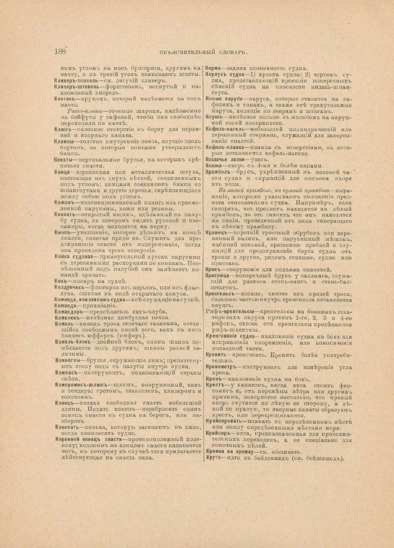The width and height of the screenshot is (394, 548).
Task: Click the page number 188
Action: (60, 51)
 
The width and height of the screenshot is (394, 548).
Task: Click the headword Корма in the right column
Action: (213, 68)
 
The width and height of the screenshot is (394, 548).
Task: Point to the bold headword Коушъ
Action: (213, 117)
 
